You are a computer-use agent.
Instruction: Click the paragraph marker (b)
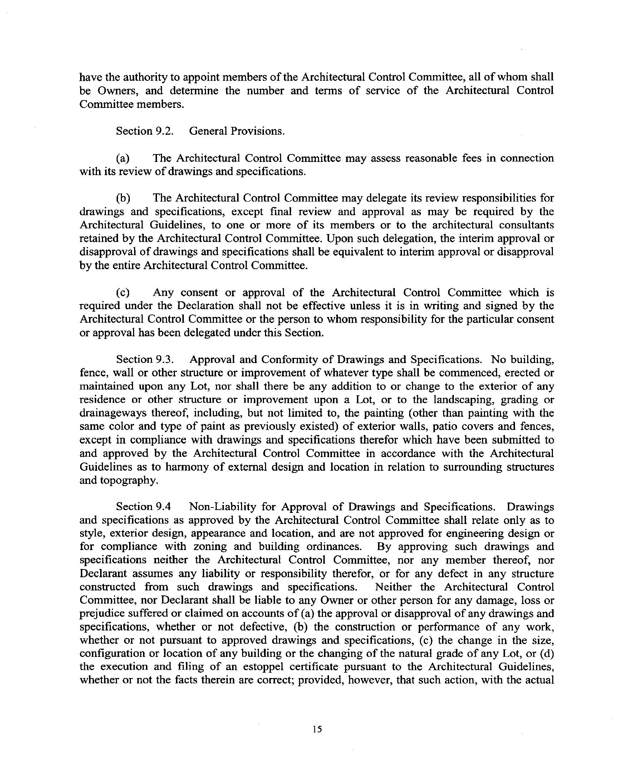coord(123,198)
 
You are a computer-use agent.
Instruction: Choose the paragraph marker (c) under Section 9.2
coord(123,293)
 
